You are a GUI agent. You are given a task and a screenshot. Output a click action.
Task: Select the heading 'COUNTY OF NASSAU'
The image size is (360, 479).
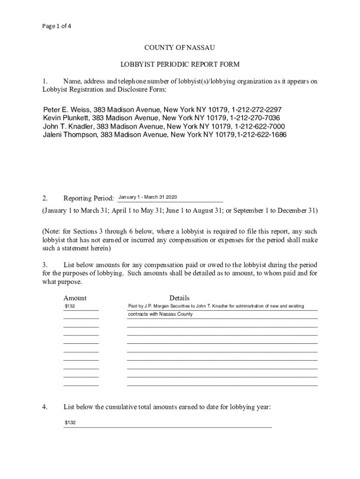tap(180, 48)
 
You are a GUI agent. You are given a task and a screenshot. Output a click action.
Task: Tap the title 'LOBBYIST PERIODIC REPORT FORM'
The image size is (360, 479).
tap(180, 64)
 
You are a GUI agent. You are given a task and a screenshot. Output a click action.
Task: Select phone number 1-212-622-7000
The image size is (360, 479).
tap(259, 126)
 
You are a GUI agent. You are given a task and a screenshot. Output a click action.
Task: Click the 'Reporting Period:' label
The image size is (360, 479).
tap(89, 198)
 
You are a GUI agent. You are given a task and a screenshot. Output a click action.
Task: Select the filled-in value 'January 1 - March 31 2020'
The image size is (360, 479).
tap(148, 197)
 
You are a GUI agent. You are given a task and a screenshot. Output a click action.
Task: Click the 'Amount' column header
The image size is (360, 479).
tap(75, 298)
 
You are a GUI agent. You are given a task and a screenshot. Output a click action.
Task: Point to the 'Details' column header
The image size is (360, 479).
tap(179, 298)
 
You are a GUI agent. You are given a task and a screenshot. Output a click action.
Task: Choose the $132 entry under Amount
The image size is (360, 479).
tap(70, 306)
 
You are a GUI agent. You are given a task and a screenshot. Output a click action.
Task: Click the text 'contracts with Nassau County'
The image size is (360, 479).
tap(160, 314)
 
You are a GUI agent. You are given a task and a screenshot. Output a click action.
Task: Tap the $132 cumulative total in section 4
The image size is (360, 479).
tap(70, 423)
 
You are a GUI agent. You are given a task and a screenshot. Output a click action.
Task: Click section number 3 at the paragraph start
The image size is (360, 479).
tap(44, 266)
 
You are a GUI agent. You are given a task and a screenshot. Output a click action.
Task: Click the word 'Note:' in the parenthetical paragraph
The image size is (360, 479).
tap(54, 232)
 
